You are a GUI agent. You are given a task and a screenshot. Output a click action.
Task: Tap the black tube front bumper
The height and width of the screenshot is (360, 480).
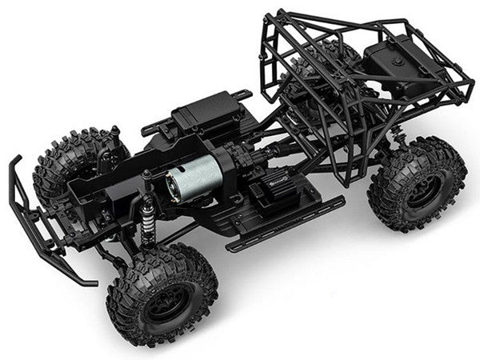32,216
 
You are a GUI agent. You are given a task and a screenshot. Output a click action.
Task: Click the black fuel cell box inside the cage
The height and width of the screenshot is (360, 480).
400,64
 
